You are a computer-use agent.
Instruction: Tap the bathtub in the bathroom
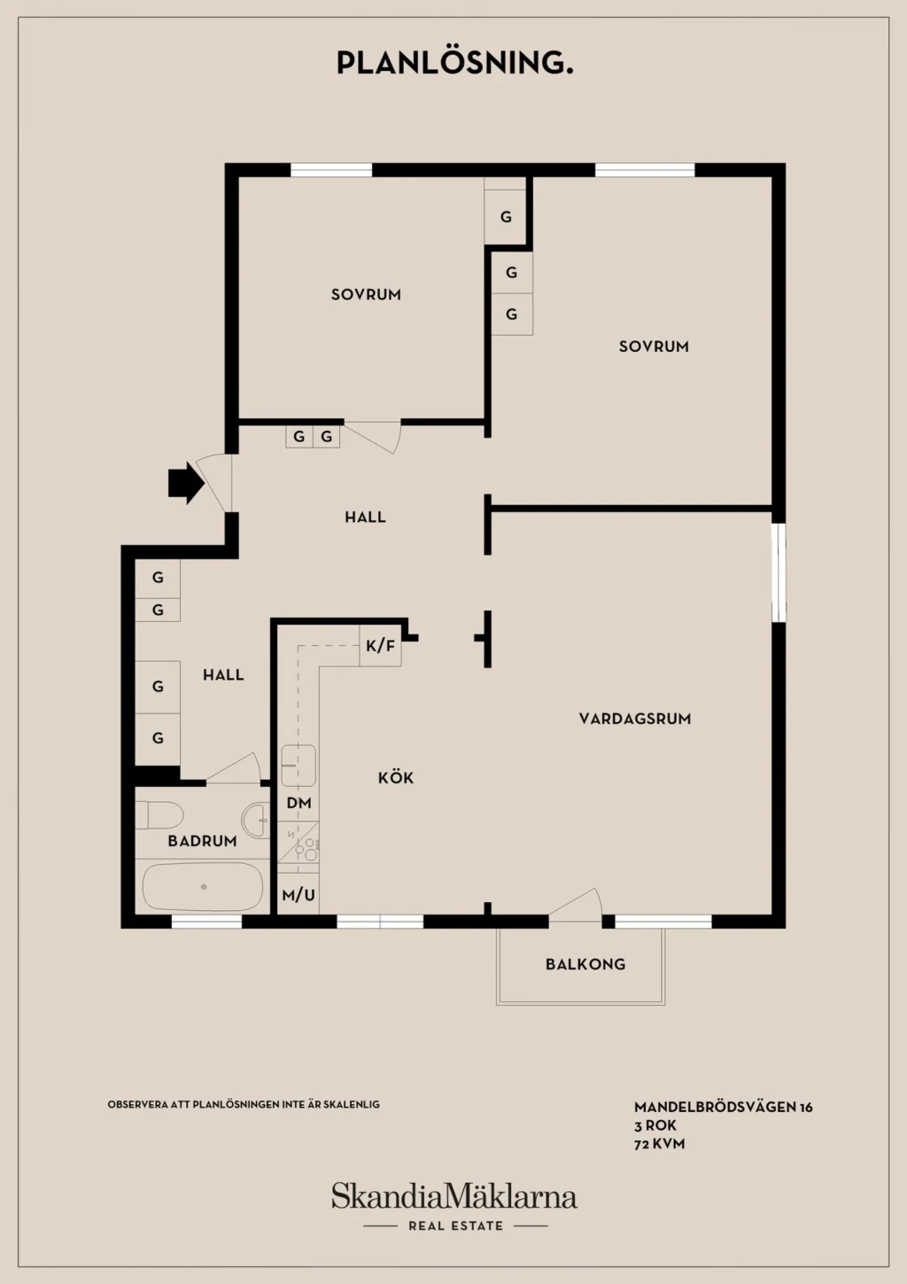click(203, 887)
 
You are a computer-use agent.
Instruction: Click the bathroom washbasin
click(256, 821)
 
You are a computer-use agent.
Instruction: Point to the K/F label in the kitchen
click(381, 646)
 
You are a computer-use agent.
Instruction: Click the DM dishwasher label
click(298, 803)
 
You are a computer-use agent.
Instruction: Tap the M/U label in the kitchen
click(298, 895)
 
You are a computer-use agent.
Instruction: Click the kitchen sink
click(298, 766)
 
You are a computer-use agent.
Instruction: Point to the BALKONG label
click(585, 964)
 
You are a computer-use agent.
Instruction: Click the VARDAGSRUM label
click(635, 719)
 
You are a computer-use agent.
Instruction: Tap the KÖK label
click(396, 777)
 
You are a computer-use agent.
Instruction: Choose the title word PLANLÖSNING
click(455, 63)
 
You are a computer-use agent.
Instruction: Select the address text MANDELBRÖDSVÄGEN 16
click(723, 1107)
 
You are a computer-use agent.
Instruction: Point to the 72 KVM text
click(660, 1144)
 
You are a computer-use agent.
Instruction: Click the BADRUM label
click(202, 841)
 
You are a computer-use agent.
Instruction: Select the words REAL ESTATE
click(455, 1226)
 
